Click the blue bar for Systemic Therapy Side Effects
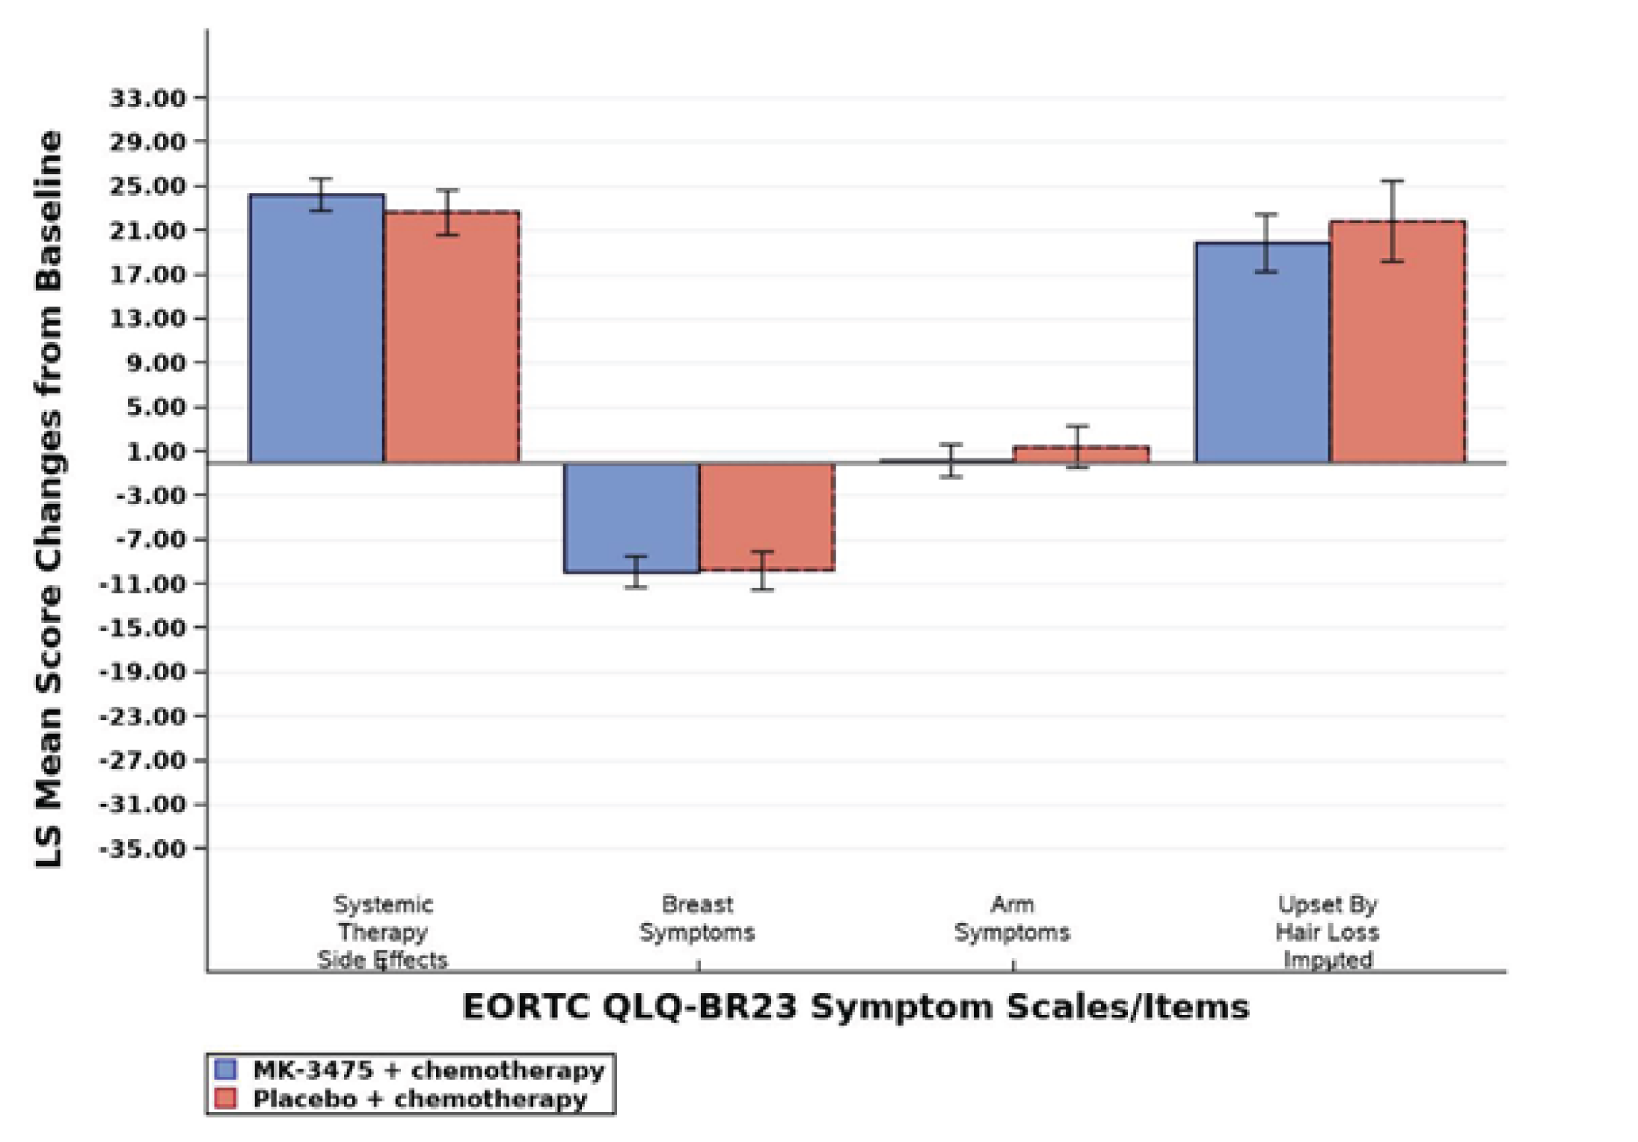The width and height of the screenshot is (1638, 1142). [x=316, y=329]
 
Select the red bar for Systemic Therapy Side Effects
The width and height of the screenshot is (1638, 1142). [x=452, y=337]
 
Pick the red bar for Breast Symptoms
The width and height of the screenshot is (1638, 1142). [x=767, y=516]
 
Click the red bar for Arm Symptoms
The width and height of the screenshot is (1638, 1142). [x=1081, y=454]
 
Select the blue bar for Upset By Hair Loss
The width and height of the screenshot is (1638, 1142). [x=1263, y=351]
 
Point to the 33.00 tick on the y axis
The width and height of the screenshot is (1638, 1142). [x=147, y=98]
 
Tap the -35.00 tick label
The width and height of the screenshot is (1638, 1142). [x=142, y=849]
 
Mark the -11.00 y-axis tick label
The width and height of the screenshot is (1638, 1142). [x=142, y=584]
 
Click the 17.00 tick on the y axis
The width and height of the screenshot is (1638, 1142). [x=147, y=274]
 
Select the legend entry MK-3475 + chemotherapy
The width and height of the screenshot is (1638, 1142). [x=428, y=1070]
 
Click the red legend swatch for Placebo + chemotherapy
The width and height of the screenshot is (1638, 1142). [x=225, y=1099]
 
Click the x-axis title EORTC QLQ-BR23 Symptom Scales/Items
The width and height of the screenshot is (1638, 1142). [x=856, y=1007]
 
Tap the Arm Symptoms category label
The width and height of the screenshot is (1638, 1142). [x=1012, y=918]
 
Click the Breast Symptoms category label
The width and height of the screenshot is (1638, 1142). [x=697, y=918]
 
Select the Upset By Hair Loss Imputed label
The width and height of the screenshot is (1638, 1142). [x=1328, y=932]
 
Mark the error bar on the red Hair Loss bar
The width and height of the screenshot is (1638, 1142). [x=1392, y=221]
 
